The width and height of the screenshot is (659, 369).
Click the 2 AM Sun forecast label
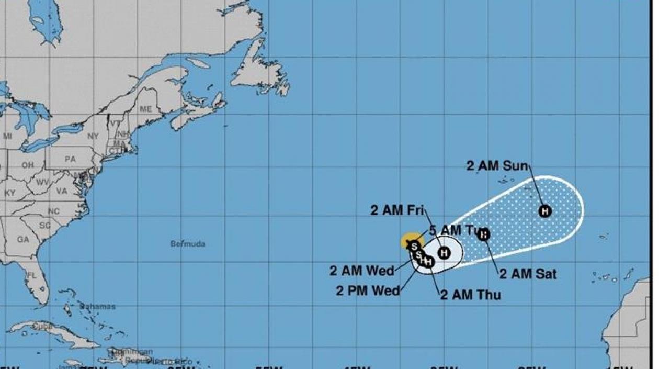coord(497,166)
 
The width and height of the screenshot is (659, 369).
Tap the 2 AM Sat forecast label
coord(528,273)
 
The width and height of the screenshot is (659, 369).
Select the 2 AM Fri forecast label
coord(397,210)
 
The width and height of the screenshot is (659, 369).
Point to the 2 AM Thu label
coord(470,295)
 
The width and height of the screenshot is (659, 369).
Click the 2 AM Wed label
coord(361,271)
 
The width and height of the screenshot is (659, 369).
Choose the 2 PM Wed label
coord(368,290)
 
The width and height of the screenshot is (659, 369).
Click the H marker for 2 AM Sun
coord(545,211)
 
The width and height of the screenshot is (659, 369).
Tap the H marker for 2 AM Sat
coord(484,234)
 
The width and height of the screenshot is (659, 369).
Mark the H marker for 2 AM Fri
coord(444,253)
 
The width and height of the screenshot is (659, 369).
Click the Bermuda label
coord(188,244)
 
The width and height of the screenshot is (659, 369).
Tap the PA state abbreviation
coord(70,159)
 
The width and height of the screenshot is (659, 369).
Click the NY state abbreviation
coord(93,136)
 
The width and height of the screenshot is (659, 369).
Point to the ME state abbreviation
coord(145,109)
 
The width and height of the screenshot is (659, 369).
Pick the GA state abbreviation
coord(22,239)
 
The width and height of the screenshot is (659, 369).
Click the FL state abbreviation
coord(32,275)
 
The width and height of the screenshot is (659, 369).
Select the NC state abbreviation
coord(54,211)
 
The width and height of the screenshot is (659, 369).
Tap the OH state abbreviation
coord(27,165)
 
